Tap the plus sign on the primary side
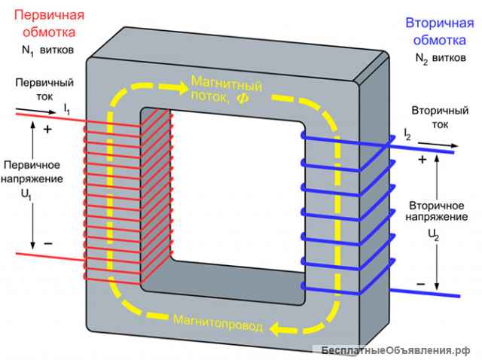click(47, 130)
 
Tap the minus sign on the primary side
click(47, 244)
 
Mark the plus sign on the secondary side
click(422, 160)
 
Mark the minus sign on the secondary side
click(420, 283)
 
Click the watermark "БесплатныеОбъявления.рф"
click(395, 352)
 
